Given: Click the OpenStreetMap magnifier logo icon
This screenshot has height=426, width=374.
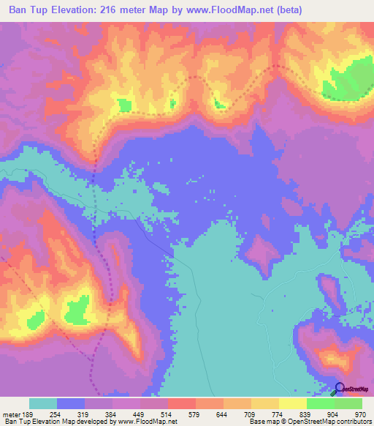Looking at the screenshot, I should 340,389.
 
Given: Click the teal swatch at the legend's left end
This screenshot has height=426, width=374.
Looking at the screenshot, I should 43,404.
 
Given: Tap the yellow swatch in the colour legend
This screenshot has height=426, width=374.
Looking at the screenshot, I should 292,404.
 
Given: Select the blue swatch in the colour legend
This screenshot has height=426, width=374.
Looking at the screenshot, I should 71,404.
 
